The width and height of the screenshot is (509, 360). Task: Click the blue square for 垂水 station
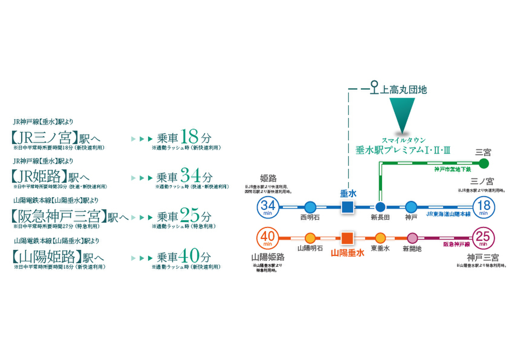pyautogui.click(x=347, y=207)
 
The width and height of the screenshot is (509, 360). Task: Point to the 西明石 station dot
pyautogui.click(x=310, y=207)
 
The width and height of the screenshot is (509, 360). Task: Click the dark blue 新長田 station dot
pyautogui.click(x=380, y=207)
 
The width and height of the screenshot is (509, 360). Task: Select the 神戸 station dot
pyautogui.click(x=411, y=207)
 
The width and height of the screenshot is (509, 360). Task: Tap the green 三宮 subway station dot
pyautogui.click(x=483, y=163)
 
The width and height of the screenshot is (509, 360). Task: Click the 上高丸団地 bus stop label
pyautogui.click(x=404, y=90)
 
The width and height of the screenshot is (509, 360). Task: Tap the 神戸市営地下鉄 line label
pyautogui.click(x=452, y=170)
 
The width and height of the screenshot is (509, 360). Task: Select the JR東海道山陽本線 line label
pyautogui.click(x=448, y=214)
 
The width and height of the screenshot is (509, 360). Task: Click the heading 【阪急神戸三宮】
pyautogui.click(x=58, y=217)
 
